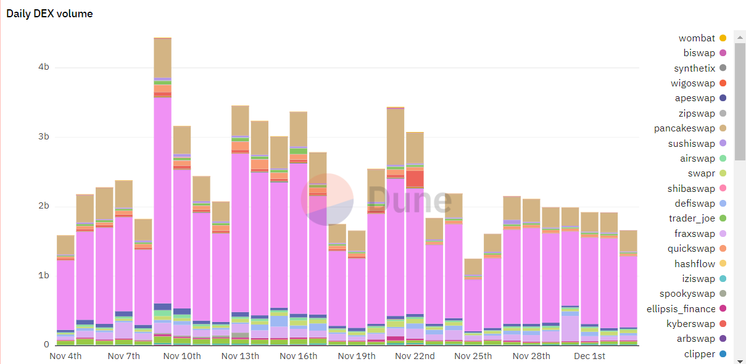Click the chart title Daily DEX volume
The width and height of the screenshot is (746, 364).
click(x=49, y=14)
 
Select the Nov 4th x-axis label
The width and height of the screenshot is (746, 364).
click(x=65, y=356)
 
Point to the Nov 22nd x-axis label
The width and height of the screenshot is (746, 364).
click(x=415, y=356)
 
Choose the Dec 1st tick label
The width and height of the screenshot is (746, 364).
click(x=589, y=356)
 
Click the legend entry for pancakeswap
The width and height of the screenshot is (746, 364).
click(x=684, y=128)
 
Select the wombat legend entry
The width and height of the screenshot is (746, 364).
click(x=697, y=38)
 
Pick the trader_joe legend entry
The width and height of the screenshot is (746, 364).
click(x=692, y=218)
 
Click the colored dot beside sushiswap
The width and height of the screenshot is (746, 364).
click(x=723, y=144)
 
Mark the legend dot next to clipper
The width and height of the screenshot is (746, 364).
click(x=723, y=354)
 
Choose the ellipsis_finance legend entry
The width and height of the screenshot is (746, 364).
click(x=681, y=309)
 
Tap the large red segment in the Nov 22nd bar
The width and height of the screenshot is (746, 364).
click(x=415, y=178)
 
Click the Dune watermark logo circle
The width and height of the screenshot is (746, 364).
click(x=327, y=199)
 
